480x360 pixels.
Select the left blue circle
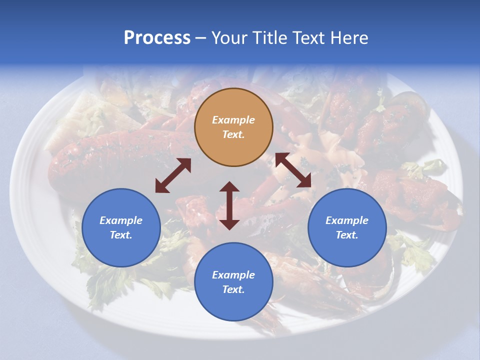point(121,249)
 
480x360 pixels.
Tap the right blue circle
point(347,249)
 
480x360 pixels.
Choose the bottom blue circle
point(233,305)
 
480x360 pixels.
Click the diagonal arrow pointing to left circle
point(173,175)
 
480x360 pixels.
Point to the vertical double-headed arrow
point(229,205)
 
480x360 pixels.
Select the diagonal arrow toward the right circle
point(293,170)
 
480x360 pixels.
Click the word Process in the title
point(157,38)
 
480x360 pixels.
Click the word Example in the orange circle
point(233,120)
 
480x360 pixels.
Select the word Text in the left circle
point(121,235)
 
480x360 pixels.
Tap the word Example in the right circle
point(347,220)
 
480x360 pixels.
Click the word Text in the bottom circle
point(233,289)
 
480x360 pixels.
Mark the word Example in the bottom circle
point(233,275)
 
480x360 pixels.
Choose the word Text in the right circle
point(347,235)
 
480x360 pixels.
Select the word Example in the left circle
point(121,220)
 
